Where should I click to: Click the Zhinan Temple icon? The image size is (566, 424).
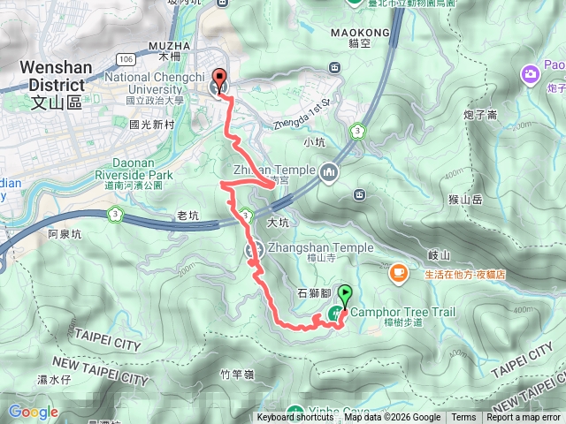[x=330, y=170]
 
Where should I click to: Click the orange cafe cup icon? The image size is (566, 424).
[x=398, y=272]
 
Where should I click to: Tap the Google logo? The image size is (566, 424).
[x=33, y=412]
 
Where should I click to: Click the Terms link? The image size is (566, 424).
[x=463, y=418]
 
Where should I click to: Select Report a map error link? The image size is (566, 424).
[x=524, y=418]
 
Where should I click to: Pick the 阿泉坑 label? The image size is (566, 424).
[x=65, y=234]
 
